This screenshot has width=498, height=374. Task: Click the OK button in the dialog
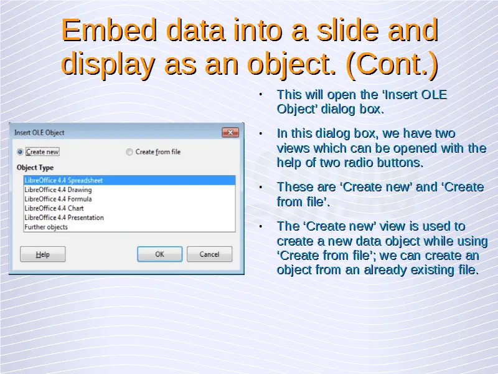coord(160,254)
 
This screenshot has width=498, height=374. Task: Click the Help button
coord(42,254)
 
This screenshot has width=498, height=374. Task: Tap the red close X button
coord(230,132)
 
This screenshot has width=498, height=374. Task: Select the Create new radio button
coord(20,152)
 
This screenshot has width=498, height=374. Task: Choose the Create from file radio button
coord(129,152)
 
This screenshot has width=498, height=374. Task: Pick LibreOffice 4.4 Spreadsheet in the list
coord(63,180)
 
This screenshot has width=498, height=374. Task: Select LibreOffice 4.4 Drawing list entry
coord(58,190)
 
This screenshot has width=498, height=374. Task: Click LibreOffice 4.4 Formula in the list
coord(58,199)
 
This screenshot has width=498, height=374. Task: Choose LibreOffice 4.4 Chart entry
coord(54,208)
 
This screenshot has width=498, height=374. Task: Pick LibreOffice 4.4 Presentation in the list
coord(64,218)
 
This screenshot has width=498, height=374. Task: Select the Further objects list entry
coord(46,227)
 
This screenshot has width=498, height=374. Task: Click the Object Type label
coord(35,168)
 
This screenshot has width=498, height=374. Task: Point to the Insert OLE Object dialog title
coord(39,133)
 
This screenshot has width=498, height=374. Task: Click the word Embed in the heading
coord(109,30)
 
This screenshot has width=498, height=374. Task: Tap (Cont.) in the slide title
coord(393,64)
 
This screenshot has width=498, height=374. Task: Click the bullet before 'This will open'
coord(261,95)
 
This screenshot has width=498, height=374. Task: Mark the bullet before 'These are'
coord(261,187)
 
